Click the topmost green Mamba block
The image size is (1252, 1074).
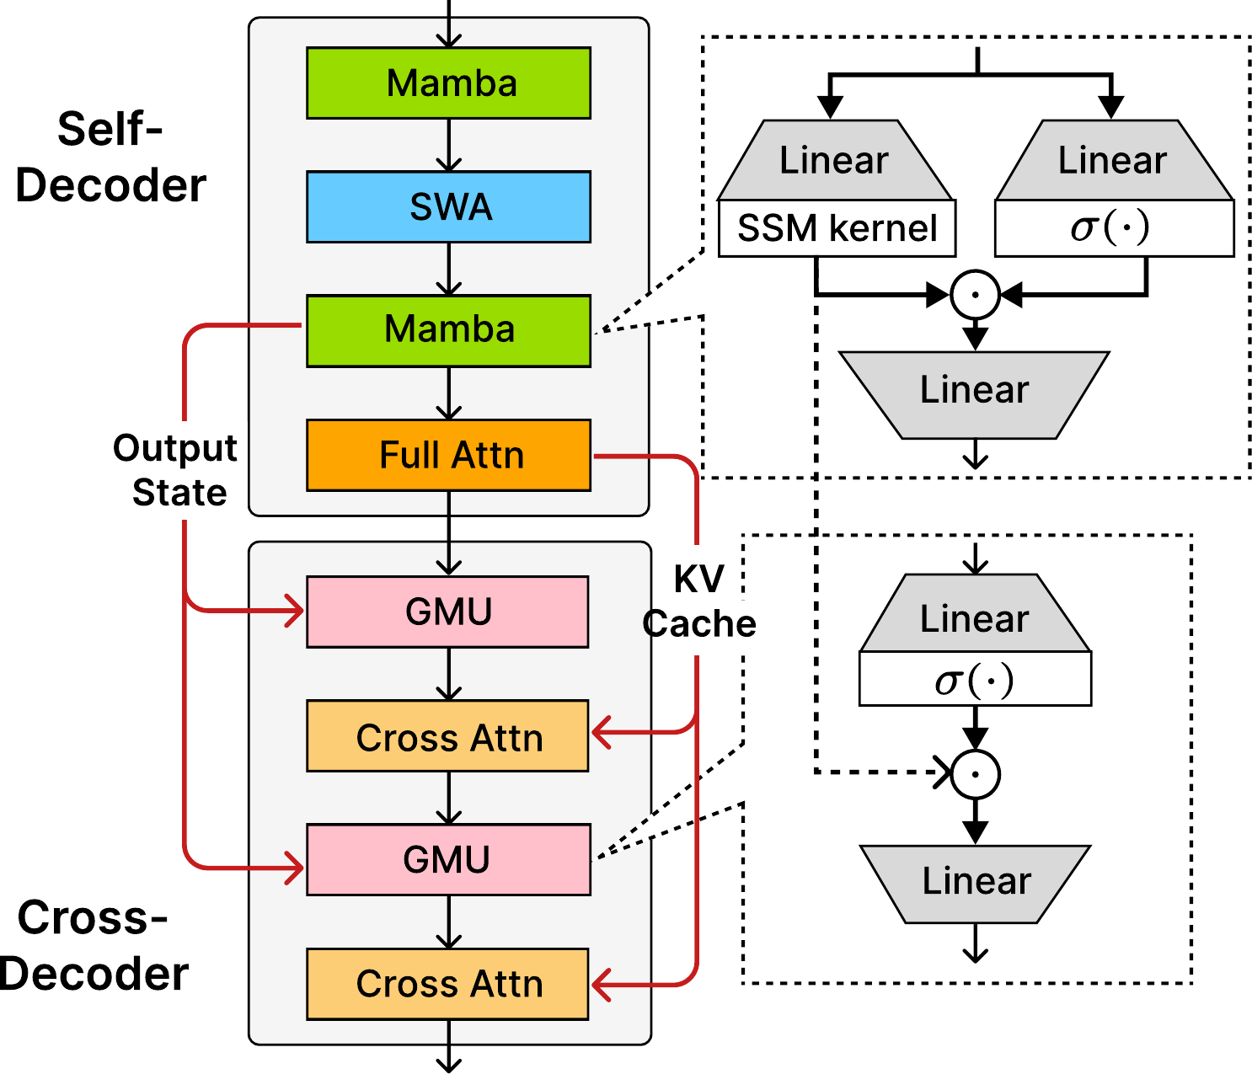click(448, 83)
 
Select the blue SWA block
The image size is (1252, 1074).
click(448, 206)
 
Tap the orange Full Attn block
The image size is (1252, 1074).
click(448, 455)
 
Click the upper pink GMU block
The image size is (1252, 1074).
click(447, 612)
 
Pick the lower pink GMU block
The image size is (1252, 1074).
click(447, 859)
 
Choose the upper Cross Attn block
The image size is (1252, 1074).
click(447, 736)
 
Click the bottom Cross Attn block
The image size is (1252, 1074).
click(447, 983)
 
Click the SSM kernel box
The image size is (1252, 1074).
click(836, 228)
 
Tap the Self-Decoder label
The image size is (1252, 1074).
click(110, 158)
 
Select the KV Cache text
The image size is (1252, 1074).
click(699, 601)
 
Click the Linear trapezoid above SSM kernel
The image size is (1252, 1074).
click(834, 160)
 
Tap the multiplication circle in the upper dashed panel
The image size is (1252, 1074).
click(975, 295)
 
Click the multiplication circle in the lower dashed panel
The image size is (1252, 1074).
click(975, 774)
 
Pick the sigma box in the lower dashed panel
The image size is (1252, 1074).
click(975, 679)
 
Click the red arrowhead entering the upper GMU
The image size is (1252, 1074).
click(295, 611)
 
